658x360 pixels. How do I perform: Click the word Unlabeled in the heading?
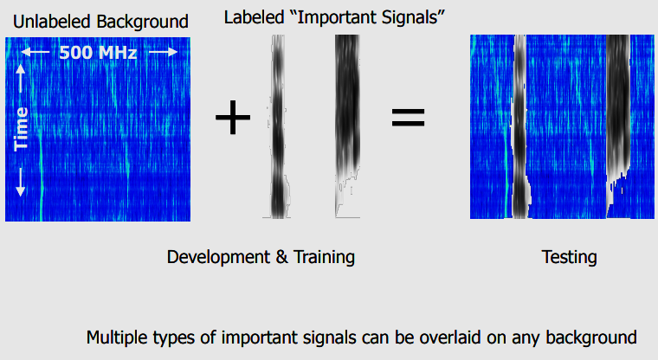pos(52,22)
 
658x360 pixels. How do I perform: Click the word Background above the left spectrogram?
pos(142,22)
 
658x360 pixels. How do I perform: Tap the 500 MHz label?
pos(98,53)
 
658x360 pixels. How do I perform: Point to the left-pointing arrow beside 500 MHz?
pos(35,53)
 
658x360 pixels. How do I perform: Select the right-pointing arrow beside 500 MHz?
pos(164,52)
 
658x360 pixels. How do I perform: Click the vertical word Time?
pos(21,129)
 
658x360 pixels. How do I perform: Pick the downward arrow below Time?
pos(20,182)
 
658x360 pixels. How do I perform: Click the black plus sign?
pos(233,117)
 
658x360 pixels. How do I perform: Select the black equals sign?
pos(408,117)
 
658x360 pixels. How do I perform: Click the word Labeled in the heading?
pos(255,17)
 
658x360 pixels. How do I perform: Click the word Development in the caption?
pos(219,257)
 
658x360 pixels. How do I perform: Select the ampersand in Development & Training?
pos(282,258)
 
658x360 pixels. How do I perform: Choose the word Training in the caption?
pos(324,257)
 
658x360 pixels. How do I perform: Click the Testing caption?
pos(569,257)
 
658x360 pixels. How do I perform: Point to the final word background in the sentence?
pos(591,337)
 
